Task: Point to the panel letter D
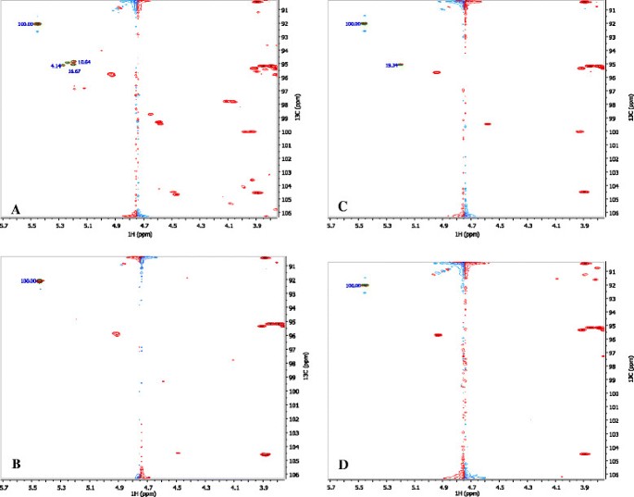[x=344, y=466]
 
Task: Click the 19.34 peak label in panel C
[x=391, y=65]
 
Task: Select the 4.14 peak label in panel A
[x=56, y=66]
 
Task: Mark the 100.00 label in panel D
[x=353, y=286]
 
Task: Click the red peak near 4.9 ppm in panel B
[x=117, y=334]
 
